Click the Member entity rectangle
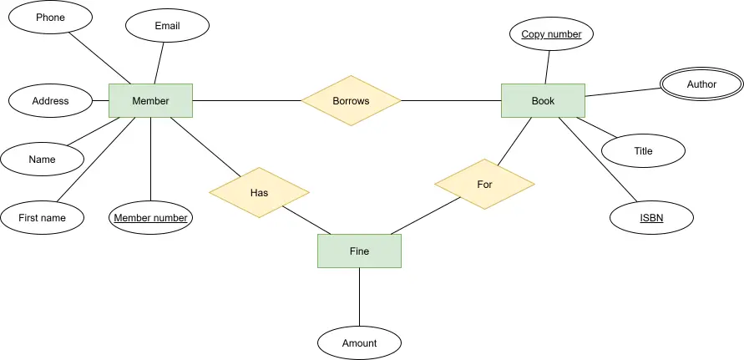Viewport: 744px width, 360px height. pyautogui.click(x=151, y=101)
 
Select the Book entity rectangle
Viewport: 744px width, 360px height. pyautogui.click(x=544, y=101)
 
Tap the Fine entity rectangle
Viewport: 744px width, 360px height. pyautogui.click(x=359, y=251)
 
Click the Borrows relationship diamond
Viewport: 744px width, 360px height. pyautogui.click(x=351, y=101)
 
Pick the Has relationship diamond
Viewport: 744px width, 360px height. pyautogui.click(x=259, y=192)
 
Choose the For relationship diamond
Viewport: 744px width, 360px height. pyautogui.click(x=484, y=185)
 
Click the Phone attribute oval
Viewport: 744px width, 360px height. pyautogui.click(x=50, y=17)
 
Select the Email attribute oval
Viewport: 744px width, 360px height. pyautogui.click(x=168, y=26)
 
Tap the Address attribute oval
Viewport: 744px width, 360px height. pyautogui.click(x=50, y=101)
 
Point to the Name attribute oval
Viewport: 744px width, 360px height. pyautogui.click(x=43, y=159)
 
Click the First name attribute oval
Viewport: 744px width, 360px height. pyautogui.click(x=43, y=217)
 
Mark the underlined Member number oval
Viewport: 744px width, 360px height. pyautogui.click(x=151, y=217)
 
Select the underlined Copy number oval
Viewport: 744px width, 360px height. pyautogui.click(x=551, y=33)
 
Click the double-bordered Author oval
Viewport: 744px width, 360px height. pyautogui.click(x=701, y=84)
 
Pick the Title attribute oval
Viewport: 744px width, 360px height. pyautogui.click(x=644, y=150)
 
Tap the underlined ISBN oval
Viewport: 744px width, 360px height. pyautogui.click(x=651, y=217)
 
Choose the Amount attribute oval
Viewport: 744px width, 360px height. pyautogui.click(x=359, y=343)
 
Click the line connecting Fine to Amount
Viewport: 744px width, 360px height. pyautogui.click(x=359, y=297)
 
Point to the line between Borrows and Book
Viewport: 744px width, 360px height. pyautogui.click(x=451, y=101)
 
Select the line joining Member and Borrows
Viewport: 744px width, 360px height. pyautogui.click(x=246, y=101)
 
